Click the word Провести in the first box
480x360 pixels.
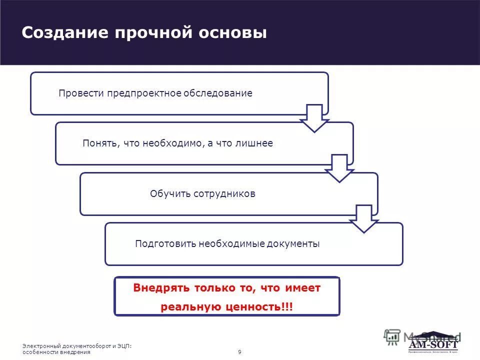[x=80, y=93]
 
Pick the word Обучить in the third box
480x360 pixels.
[x=167, y=194]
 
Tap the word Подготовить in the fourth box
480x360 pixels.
[x=165, y=244]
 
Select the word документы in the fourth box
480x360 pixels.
[x=292, y=244]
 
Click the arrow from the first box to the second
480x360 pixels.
[x=314, y=118]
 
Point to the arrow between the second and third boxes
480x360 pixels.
[x=339, y=168]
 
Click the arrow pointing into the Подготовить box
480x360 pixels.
[x=364, y=218]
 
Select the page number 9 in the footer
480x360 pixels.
[x=239, y=352]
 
